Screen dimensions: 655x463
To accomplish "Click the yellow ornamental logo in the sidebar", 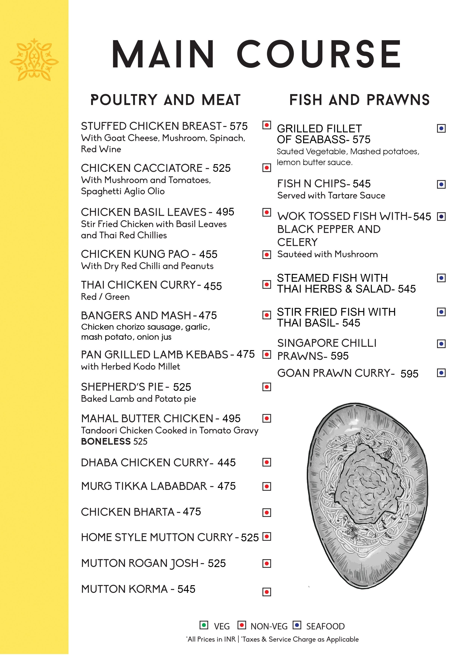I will point(34,59).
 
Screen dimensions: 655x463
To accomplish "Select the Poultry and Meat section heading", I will point(165,100).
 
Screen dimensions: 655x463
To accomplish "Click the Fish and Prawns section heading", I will point(359,100).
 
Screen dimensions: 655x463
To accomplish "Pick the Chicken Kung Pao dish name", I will point(135,254).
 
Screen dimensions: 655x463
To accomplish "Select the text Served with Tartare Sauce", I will point(331,195).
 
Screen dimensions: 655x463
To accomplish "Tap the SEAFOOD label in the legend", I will point(325,626).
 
